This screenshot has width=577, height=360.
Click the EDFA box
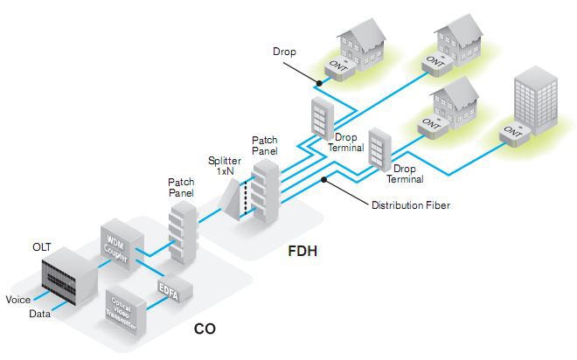click(x=169, y=289)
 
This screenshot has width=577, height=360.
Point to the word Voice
click(x=17, y=300)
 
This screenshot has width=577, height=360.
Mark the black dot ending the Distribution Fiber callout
click(x=324, y=179)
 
